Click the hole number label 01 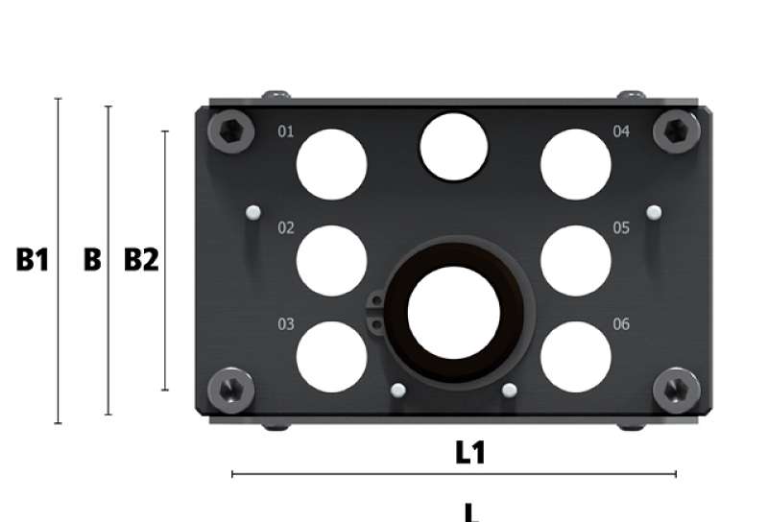click(x=285, y=131)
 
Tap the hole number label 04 click(x=621, y=131)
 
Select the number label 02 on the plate click(x=285, y=227)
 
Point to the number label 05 click(x=621, y=227)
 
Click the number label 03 click(x=285, y=323)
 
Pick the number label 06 click(x=621, y=323)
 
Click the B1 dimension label click(x=33, y=259)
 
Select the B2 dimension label click(x=141, y=259)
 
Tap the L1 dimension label click(x=470, y=453)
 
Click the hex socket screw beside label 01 click(x=230, y=130)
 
